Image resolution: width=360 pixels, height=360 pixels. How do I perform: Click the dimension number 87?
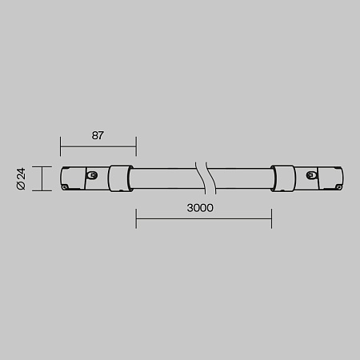point(98,135)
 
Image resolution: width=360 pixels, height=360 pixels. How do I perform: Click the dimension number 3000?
point(200,208)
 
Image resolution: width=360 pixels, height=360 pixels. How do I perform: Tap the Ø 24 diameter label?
point(22,178)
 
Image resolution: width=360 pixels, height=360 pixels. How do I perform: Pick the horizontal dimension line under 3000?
point(203,218)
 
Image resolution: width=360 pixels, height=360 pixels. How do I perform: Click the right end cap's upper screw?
point(310,174)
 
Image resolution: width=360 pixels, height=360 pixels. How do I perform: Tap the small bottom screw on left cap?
point(65,186)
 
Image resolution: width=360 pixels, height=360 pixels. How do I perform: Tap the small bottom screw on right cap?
point(339,186)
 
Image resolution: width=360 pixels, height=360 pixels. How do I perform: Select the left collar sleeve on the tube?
point(121,178)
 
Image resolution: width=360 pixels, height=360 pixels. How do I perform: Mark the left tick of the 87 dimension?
point(61,146)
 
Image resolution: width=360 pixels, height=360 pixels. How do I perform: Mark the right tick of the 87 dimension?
point(135,146)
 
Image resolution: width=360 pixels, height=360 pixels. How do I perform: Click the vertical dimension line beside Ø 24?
point(41,178)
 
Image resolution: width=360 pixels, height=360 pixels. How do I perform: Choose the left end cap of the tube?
point(84,178)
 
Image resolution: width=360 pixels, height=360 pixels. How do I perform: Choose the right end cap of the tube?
point(320,178)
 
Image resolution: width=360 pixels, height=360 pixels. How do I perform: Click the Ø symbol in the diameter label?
point(22,186)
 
